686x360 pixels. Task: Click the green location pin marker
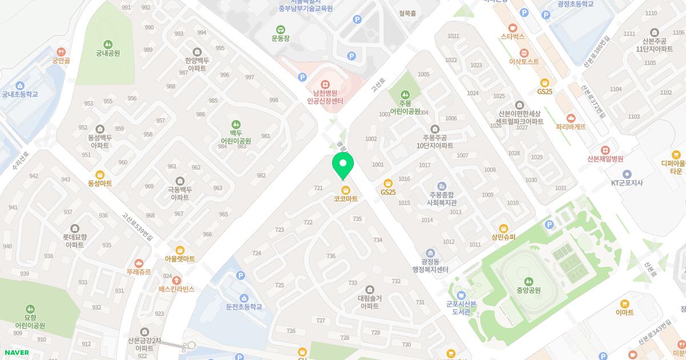click(343, 165)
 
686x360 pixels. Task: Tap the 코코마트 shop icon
click(345, 190)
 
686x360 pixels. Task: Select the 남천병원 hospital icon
click(325, 84)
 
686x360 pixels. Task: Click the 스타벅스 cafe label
click(512, 36)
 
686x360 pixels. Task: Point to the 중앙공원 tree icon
click(529, 281)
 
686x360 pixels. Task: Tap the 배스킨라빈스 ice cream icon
click(177, 280)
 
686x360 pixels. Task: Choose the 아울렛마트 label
click(180, 259)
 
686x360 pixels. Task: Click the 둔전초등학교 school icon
click(244, 298)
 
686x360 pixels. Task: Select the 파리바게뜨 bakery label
click(571, 127)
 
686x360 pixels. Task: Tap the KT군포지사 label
click(627, 183)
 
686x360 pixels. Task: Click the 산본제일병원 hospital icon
click(604, 150)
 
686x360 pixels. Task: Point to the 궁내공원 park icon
click(107, 45)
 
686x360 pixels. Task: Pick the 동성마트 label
click(100, 183)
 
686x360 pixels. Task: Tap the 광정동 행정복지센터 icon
click(430, 253)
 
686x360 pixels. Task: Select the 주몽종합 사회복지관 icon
click(441, 186)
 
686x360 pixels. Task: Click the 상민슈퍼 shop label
click(503, 237)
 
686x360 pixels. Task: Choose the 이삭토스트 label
click(524, 61)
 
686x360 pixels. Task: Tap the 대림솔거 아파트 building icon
click(369, 289)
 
